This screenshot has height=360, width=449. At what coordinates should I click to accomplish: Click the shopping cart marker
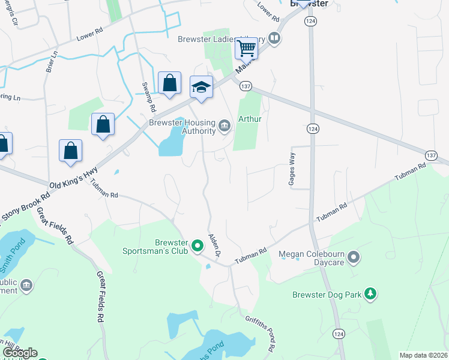(x=247, y=49)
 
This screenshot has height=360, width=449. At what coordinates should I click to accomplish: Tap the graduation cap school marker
(x=201, y=88)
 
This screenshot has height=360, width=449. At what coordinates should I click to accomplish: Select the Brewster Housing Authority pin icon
(x=224, y=125)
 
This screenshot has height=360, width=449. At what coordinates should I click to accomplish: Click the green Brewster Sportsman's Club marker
(x=196, y=245)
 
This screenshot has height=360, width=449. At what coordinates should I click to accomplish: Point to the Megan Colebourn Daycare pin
(x=354, y=258)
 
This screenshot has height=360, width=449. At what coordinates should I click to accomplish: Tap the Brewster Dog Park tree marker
(x=372, y=293)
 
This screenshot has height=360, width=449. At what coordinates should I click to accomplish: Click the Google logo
(x=20, y=353)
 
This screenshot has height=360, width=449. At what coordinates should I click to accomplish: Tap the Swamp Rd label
(x=149, y=98)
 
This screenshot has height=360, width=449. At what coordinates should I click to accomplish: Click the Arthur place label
(x=250, y=119)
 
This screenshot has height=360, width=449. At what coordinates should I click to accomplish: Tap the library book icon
(x=274, y=38)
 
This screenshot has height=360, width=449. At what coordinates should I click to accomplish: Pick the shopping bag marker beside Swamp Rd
(x=170, y=84)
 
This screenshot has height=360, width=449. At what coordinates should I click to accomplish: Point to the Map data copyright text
(x=423, y=355)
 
